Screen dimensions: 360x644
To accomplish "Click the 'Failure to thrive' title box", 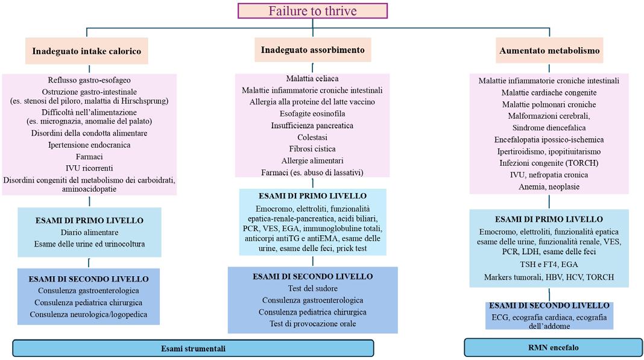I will pyautogui.click(x=312, y=11).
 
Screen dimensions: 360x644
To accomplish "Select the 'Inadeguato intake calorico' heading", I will pyautogui.click(x=87, y=51).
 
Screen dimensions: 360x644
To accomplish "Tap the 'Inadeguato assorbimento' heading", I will pyautogui.click(x=312, y=49).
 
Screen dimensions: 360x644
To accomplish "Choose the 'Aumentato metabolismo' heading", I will pyautogui.click(x=549, y=51).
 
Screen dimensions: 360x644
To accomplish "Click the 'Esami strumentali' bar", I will pyautogui.click(x=193, y=348).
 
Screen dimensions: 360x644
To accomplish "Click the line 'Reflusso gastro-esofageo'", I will pyautogui.click(x=89, y=80).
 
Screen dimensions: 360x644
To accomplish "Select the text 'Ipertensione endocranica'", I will pyautogui.click(x=89, y=145).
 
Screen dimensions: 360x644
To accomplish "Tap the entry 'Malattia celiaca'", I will pyautogui.click(x=312, y=78).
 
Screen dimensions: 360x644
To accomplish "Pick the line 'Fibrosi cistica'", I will pyautogui.click(x=312, y=148).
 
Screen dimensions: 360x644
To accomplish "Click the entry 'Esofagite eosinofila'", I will pyautogui.click(x=312, y=113).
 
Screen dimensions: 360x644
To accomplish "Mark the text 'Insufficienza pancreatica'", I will pyautogui.click(x=312, y=125).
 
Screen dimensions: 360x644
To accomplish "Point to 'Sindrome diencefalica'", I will pyautogui.click(x=549, y=128).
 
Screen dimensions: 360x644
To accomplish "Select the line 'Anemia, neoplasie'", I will pyautogui.click(x=549, y=186).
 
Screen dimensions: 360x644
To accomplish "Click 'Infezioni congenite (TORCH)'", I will pyautogui.click(x=549, y=163).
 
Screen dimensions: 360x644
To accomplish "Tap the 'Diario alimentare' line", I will pyautogui.click(x=89, y=232).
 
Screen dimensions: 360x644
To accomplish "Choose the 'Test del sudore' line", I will pyautogui.click(x=312, y=288).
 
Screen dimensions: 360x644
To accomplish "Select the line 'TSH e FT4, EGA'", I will pyautogui.click(x=549, y=264).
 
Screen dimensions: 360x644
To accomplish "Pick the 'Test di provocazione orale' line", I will pyautogui.click(x=312, y=324).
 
